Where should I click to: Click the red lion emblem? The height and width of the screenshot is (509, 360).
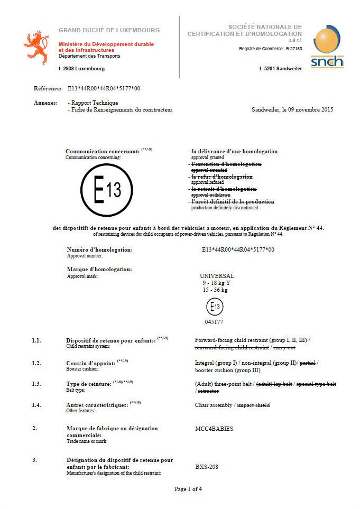click(36, 47)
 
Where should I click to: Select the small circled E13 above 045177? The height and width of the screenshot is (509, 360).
click(214, 307)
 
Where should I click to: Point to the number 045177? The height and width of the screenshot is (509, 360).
click(214, 321)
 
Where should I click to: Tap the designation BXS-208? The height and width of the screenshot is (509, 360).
click(207, 467)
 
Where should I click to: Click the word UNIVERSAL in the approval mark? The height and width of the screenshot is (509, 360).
click(217, 276)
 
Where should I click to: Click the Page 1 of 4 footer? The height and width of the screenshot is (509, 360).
click(188, 489)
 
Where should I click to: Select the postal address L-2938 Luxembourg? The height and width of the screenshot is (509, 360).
click(81, 69)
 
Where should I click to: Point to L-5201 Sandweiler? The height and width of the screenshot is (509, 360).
click(281, 69)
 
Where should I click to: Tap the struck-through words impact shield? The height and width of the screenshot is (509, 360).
click(253, 405)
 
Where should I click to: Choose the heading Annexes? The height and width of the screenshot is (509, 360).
click(45, 103)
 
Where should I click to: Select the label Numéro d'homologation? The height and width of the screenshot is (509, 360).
click(99, 249)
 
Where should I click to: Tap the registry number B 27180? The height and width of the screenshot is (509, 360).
click(294, 49)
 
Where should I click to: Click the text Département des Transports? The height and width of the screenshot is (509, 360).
click(89, 55)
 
